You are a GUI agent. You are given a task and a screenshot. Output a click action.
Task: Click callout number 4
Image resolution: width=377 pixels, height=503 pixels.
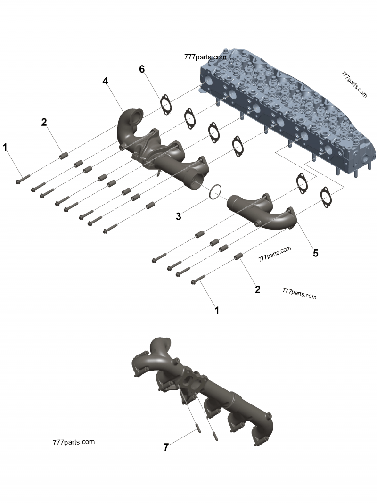point(106,81)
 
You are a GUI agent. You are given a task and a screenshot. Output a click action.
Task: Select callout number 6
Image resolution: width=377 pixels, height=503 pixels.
point(142,69)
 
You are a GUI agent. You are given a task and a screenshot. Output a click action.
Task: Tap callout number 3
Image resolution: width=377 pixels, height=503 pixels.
point(179,216)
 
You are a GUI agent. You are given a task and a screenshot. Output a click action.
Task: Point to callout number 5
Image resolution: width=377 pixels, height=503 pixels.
point(316,253)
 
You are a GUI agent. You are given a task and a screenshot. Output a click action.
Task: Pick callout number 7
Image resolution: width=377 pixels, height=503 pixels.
point(166,447)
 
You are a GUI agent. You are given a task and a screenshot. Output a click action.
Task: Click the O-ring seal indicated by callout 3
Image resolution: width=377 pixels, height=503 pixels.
point(214,191)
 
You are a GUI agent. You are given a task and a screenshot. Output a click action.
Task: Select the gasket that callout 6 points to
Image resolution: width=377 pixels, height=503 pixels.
point(165,105)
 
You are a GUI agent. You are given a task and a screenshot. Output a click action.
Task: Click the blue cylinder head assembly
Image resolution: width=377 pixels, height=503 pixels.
point(287,113)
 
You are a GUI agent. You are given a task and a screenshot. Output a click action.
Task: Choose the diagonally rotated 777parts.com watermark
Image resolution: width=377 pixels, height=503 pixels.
point(353,84)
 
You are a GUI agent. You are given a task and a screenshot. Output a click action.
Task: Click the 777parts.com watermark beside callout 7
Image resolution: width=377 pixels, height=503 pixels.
point(74,442)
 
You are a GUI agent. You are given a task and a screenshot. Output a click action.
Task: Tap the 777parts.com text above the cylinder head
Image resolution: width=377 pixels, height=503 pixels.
point(205,57)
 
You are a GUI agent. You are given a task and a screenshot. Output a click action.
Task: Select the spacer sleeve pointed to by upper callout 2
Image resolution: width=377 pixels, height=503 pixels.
point(64,156)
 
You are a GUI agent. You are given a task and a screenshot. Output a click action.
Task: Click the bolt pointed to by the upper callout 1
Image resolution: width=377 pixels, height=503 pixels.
point(23,179)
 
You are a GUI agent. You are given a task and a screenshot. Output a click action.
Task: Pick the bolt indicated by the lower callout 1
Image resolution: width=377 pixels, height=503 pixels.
point(198,280)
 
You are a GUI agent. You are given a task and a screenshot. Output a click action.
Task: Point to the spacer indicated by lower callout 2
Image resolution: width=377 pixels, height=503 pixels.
point(238,256)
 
